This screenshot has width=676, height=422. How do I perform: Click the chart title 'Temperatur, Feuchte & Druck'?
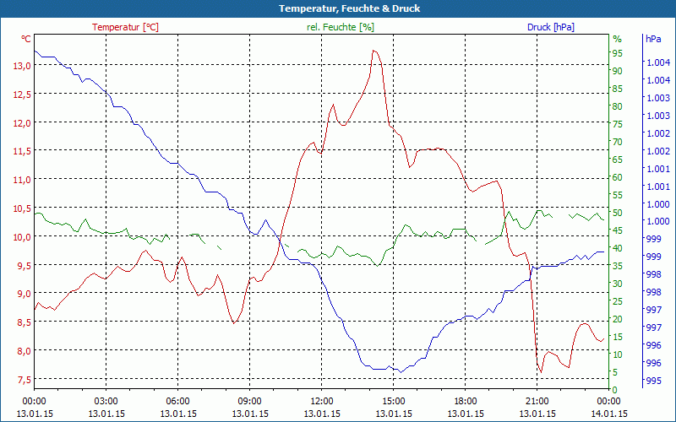[338, 8]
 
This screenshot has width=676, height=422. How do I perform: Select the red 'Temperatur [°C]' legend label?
[125, 27]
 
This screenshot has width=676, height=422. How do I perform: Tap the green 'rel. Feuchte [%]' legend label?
[340, 27]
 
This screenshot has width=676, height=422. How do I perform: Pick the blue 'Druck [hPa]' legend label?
[550, 27]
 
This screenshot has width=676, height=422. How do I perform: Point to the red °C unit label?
[26, 39]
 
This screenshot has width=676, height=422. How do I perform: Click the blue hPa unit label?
[652, 39]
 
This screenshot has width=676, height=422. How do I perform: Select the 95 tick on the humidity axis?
[617, 53]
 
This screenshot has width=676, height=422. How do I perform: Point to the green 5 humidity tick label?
[615, 372]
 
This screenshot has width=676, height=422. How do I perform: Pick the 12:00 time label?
[322, 402]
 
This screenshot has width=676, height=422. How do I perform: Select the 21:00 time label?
[537, 402]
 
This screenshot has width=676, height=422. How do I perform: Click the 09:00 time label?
[250, 402]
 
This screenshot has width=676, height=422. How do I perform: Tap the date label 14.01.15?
[609, 414]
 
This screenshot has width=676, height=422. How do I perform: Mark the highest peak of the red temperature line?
[374, 51]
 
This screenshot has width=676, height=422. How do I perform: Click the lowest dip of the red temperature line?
[540, 372]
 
